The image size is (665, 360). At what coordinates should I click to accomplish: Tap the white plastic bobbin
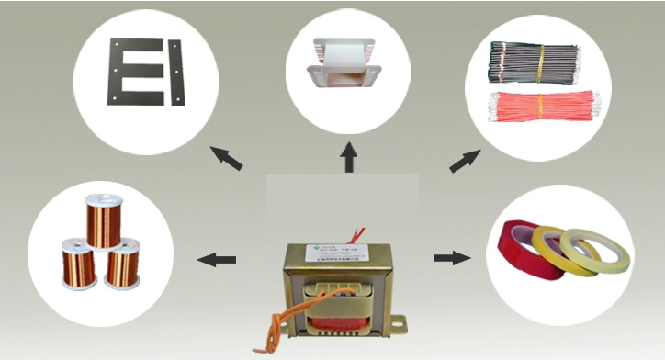tap(348, 63)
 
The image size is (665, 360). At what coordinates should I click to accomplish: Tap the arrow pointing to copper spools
tap(218, 260)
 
